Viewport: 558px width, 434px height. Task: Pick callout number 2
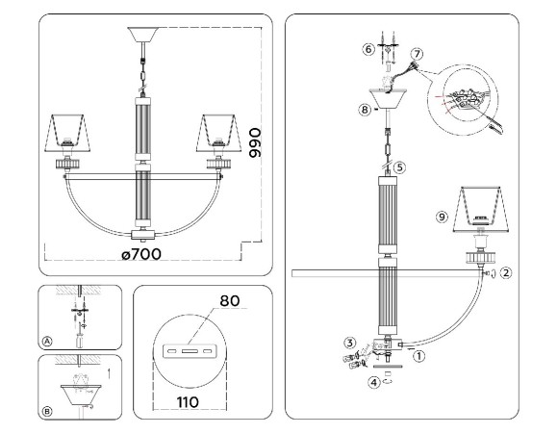(x=508, y=272)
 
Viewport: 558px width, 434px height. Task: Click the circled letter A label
(x=48, y=340)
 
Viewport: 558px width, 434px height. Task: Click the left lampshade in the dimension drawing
(x=68, y=131)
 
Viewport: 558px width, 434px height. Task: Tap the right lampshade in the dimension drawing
(x=218, y=131)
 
